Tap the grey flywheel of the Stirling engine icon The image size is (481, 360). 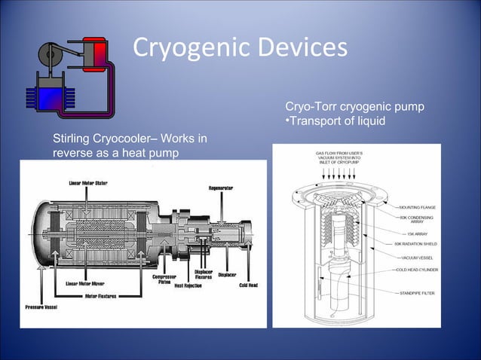click(x=52, y=53)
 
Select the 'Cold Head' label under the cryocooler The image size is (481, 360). click(x=248, y=285)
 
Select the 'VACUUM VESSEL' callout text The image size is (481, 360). click(x=419, y=258)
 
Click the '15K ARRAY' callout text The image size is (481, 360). click(x=418, y=233)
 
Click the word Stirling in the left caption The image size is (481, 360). click(x=72, y=139)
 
